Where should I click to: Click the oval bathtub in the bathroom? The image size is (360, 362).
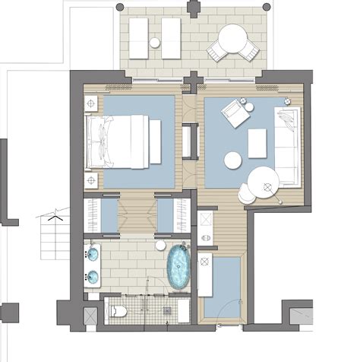[179, 268]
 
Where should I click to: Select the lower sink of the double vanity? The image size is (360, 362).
[93, 276]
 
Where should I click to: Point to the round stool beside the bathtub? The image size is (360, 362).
[160, 245]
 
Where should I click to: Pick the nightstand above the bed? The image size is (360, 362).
[91, 103]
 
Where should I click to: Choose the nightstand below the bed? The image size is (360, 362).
[91, 180]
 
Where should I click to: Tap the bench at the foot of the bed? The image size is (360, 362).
[155, 141]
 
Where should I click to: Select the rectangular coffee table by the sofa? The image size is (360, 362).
[257, 143]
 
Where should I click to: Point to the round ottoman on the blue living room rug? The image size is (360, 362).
[232, 160]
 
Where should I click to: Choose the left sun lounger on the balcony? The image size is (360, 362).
[139, 37]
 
